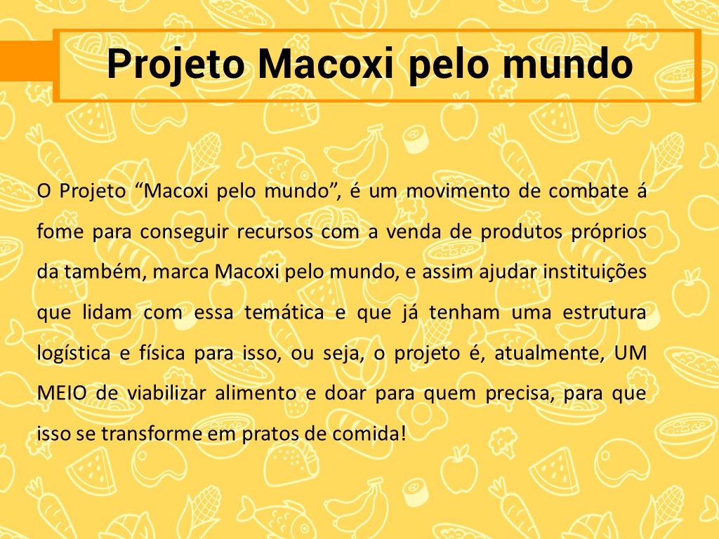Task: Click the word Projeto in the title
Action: tap(175, 65)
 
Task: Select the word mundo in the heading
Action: tap(567, 64)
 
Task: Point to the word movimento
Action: tap(458, 191)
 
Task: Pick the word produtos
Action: tap(522, 232)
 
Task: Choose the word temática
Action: tap(284, 312)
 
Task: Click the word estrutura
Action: tap(605, 312)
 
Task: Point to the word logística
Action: tap(74, 354)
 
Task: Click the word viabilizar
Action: tap(166, 393)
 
